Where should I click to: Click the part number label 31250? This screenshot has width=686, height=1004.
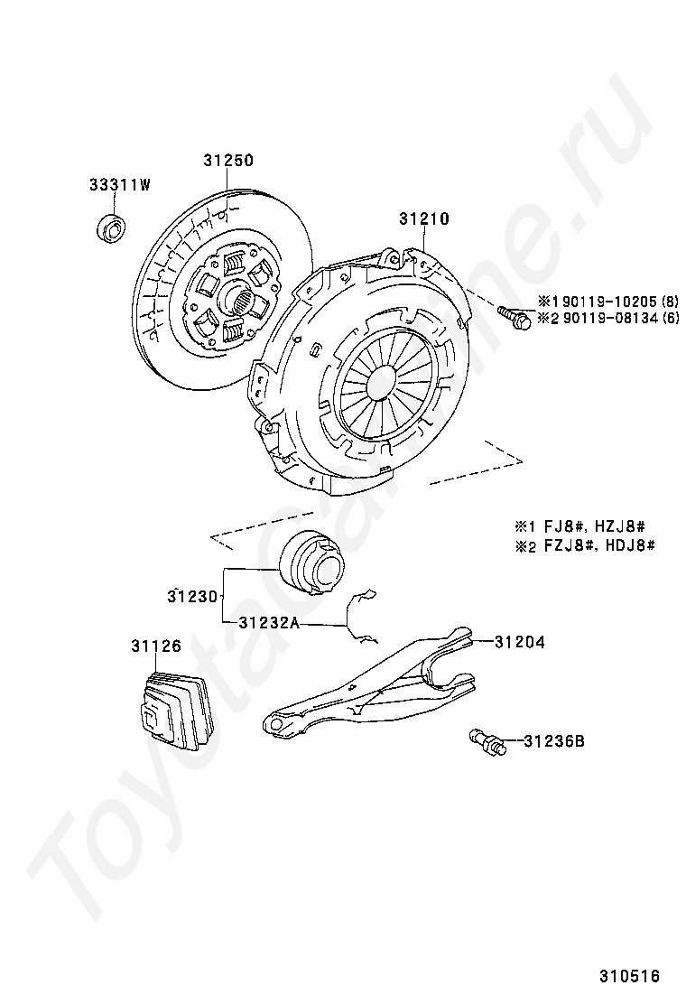coord(227,161)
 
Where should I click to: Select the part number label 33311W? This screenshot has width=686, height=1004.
coord(119,185)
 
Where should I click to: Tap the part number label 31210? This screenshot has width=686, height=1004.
coord(424,218)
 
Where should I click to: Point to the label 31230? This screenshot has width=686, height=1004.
coord(192,596)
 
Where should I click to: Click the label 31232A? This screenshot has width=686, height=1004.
coord(269,622)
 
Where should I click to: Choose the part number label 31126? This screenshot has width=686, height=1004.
coord(155,646)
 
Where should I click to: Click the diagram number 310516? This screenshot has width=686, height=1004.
coord(630,976)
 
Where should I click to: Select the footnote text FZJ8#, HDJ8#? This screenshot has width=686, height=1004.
coord(596,545)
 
